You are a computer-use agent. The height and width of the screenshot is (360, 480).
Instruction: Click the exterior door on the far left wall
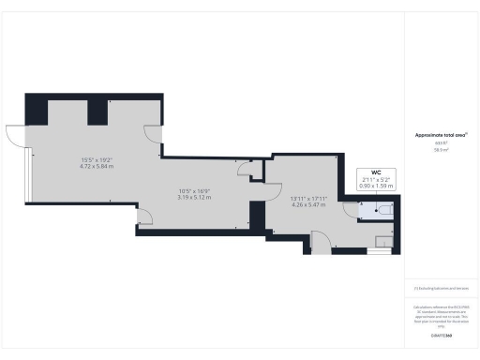coord(17,135)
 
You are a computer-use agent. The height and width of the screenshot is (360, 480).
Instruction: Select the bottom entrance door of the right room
coord(322,242)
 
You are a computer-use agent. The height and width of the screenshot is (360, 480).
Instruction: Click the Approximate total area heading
coord(441,134)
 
